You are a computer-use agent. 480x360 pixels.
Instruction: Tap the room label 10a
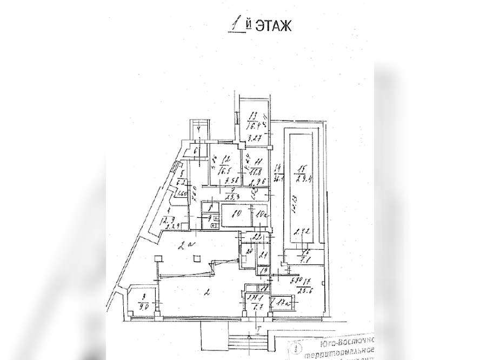[262, 215]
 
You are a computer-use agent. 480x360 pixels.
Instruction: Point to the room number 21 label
[263, 256]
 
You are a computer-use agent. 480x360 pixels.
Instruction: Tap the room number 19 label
[264, 271]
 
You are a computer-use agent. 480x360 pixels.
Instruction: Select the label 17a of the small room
[282, 304]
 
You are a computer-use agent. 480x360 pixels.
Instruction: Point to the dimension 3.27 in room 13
[255, 138]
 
